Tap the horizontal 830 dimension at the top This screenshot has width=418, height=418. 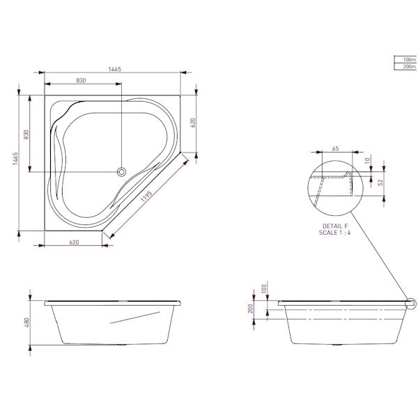81,81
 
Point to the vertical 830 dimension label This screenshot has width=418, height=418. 27,134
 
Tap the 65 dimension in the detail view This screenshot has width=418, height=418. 335,149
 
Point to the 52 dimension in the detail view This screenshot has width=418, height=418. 381,183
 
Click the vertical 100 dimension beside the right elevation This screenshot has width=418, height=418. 264,288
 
